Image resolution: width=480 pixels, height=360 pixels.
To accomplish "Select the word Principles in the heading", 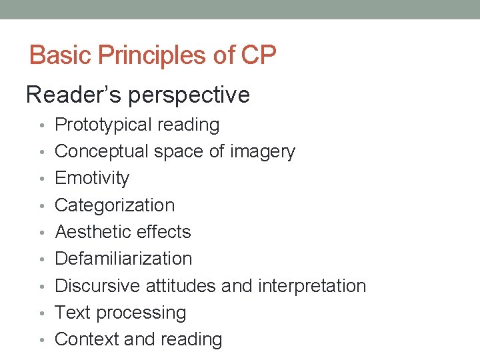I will [x=153, y=55].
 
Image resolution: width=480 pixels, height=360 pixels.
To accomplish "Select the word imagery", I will [x=262, y=152].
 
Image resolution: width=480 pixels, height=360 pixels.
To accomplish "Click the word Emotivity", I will [x=92, y=178].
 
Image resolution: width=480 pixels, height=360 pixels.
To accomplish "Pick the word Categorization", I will [x=115, y=205].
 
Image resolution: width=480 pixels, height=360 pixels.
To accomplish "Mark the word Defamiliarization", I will [x=123, y=259].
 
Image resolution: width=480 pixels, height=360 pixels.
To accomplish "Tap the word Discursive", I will [x=97, y=286].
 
